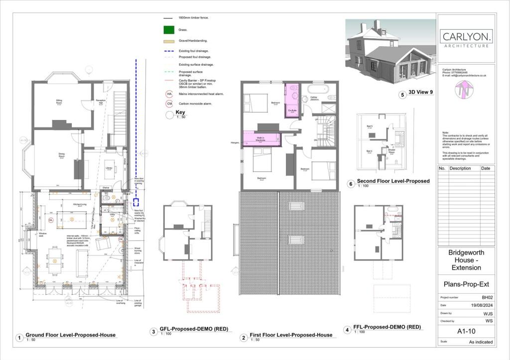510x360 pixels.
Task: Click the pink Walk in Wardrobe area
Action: pos(260,138)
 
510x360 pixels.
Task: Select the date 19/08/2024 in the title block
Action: pos(482,305)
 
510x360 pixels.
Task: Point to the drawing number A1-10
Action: pos(466,330)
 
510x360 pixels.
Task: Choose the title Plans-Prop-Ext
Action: pos(466,284)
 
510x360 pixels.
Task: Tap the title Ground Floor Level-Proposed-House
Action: pos(70,335)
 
